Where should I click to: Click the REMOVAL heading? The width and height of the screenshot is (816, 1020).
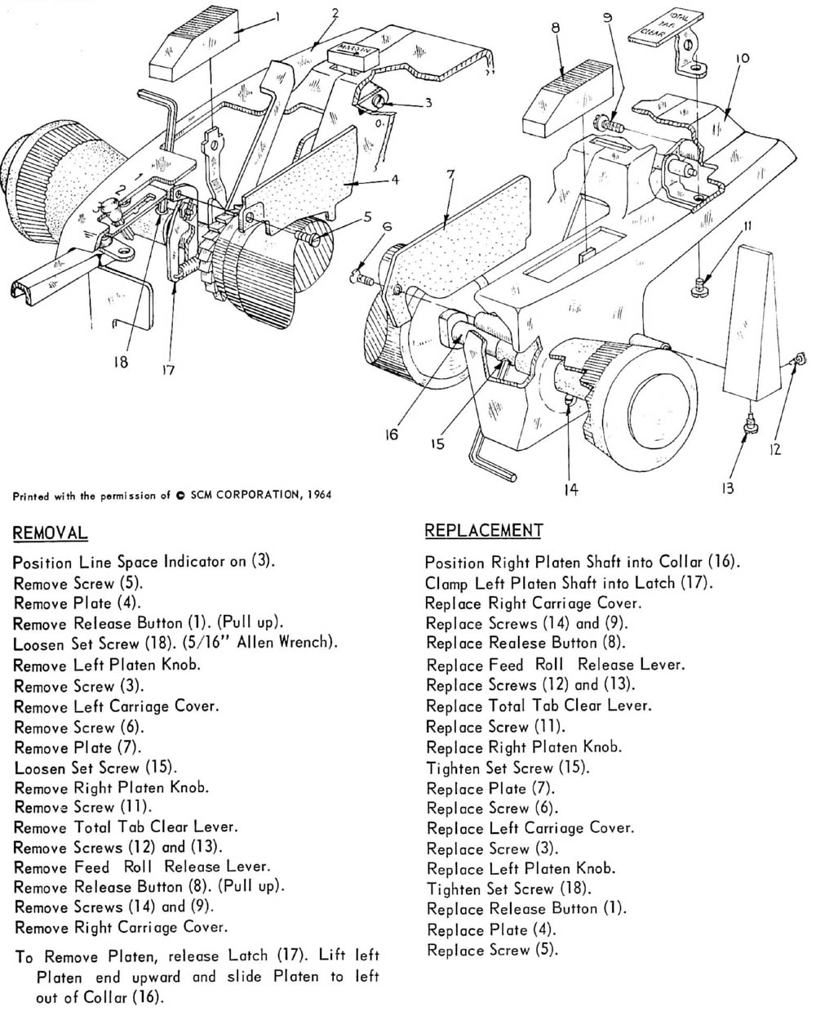pos(50,533)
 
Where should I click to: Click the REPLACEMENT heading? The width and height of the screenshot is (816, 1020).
pos(483,531)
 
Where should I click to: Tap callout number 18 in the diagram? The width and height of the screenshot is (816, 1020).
pos(121,361)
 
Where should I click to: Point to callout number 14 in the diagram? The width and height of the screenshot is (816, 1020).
pos(570,489)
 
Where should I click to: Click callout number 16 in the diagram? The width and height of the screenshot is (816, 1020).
pos(392,434)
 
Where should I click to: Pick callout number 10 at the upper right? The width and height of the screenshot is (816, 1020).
pos(742,60)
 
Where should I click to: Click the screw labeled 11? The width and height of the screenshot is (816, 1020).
pos(698,286)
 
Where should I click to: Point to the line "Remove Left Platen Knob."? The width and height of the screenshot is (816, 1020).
pos(107,664)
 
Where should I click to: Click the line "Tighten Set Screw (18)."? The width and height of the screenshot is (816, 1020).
pos(508,889)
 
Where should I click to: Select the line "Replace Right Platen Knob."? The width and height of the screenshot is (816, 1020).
pos(524,746)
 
